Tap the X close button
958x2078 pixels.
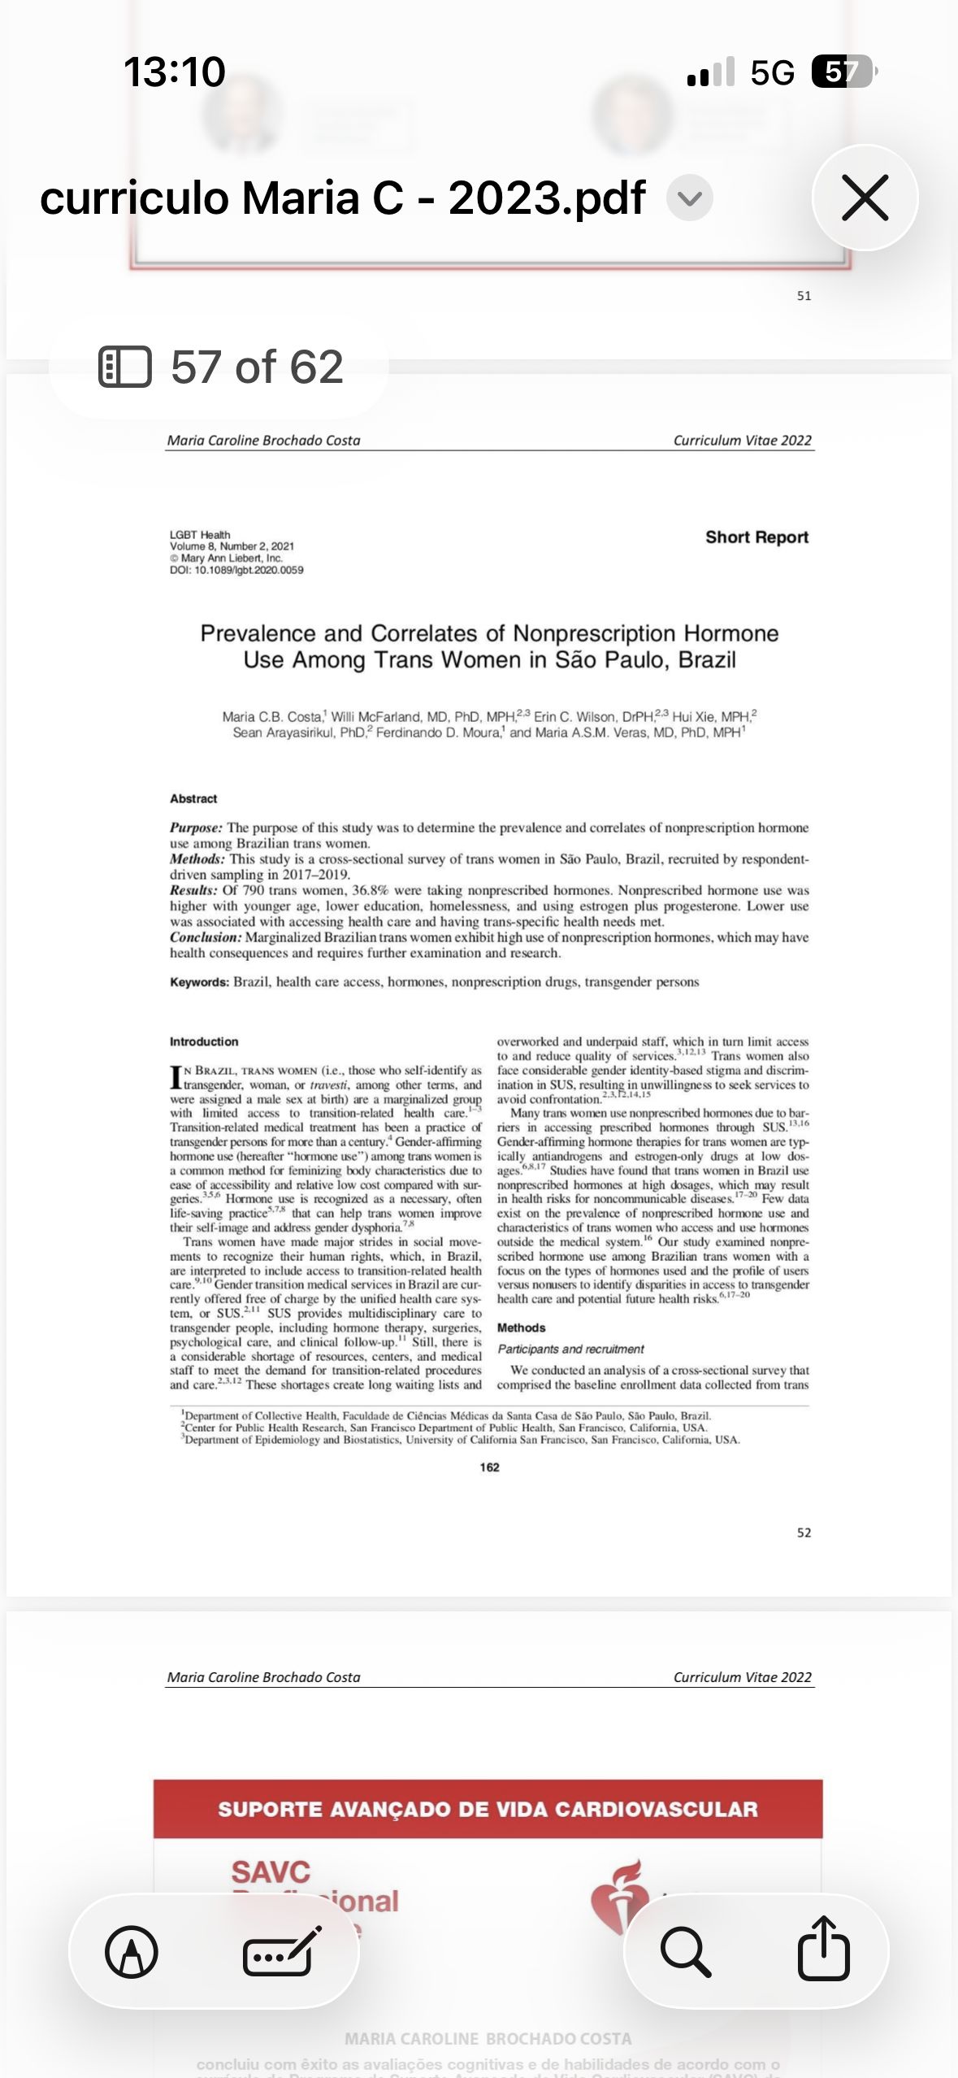click(x=865, y=198)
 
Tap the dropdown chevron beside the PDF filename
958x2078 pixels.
click(x=690, y=198)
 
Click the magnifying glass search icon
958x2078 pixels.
click(x=686, y=1951)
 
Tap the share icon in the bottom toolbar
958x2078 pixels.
click(x=823, y=1950)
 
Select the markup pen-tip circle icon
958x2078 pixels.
click(x=132, y=1951)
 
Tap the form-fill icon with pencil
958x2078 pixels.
click(x=282, y=1951)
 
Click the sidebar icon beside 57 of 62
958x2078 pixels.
click(x=124, y=367)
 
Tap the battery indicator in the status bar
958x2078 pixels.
click(x=843, y=72)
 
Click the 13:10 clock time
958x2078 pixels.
click(x=174, y=72)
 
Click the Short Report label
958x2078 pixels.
click(x=756, y=537)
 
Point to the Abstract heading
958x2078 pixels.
click(x=193, y=799)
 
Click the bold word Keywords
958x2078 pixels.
click(x=199, y=982)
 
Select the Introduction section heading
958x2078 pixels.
click(x=204, y=1041)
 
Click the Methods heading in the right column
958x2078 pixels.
click(x=521, y=1328)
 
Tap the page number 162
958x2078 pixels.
click(x=489, y=1467)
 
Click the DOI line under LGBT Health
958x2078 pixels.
click(x=236, y=570)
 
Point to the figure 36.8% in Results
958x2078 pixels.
click(x=371, y=890)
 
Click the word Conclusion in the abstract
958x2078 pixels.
click(x=206, y=937)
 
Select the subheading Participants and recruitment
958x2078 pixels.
click(x=570, y=1349)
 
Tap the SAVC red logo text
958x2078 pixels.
click(x=271, y=1872)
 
